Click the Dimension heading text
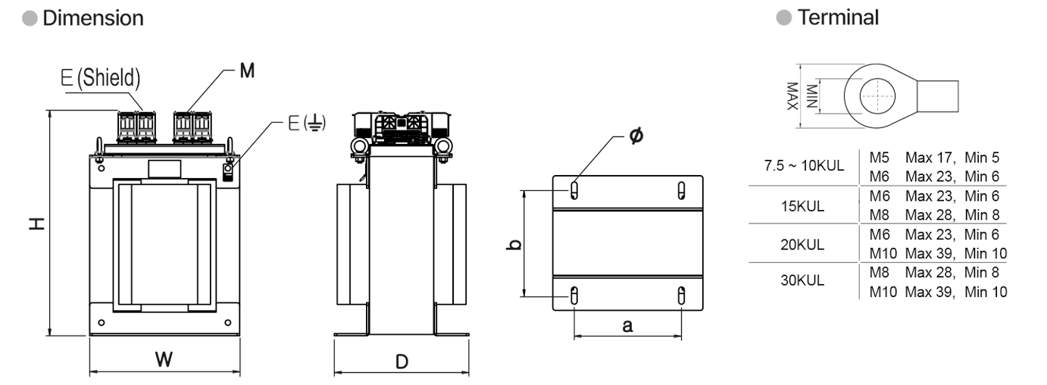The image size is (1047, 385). click(x=93, y=18)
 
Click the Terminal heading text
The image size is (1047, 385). click(x=838, y=17)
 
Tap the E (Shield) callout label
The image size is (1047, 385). click(x=101, y=77)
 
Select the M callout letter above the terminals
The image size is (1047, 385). click(x=247, y=70)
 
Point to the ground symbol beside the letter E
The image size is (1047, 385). click(x=315, y=123)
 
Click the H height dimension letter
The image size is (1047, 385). click(x=37, y=224)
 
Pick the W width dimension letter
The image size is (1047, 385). click(x=164, y=360)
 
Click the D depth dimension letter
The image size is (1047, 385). click(x=402, y=362)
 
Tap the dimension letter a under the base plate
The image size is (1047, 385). click(x=627, y=326)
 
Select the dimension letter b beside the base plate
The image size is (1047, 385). click(x=514, y=245)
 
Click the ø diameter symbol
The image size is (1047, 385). click(x=636, y=136)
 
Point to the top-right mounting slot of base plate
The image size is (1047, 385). click(x=682, y=190)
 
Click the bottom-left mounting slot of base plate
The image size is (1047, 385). click(x=574, y=296)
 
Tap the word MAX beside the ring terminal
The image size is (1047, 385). click(x=792, y=96)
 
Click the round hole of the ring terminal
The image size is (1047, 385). click(x=877, y=96)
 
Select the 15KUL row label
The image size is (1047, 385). click(x=802, y=206)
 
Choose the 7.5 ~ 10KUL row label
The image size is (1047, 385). click(x=804, y=166)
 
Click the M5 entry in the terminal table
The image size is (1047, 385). click(x=879, y=158)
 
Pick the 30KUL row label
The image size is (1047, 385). click(x=802, y=280)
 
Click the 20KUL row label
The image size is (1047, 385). click(x=802, y=245)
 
